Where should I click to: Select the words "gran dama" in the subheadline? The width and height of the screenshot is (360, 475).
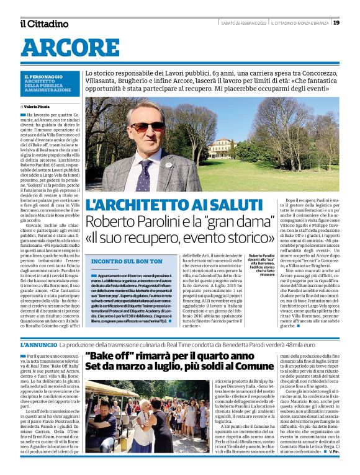pos(230,221)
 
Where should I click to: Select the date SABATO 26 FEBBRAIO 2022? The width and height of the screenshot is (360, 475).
pos(244,23)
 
